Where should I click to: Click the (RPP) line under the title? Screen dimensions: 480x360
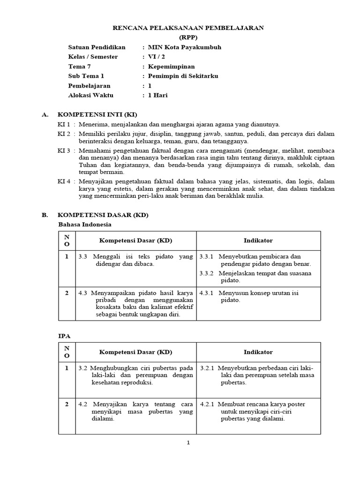(188, 37)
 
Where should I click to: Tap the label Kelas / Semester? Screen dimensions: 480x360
(93, 57)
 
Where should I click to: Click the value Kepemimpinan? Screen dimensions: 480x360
(171, 67)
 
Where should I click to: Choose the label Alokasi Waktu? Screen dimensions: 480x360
(90, 95)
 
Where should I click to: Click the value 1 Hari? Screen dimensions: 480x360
(157, 95)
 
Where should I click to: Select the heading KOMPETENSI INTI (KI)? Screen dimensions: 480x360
(97, 114)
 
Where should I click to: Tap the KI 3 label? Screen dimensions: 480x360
(64, 150)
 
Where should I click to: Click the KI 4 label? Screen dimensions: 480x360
(64, 181)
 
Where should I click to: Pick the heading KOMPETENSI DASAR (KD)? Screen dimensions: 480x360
(102, 215)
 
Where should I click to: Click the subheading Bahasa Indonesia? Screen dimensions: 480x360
(84, 225)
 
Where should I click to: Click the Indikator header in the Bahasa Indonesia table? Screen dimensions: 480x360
(258, 240)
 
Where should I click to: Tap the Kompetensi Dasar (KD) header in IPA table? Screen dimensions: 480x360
(135, 352)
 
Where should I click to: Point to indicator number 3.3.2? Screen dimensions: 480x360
(206, 273)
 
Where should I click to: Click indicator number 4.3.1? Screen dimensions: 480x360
(206, 293)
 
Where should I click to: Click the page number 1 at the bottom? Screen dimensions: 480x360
(188, 443)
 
